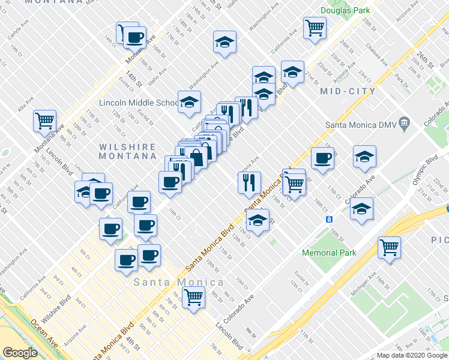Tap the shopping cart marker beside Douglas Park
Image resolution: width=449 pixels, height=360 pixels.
click(x=315, y=28)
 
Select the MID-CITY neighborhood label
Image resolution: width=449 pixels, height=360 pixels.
click(x=348, y=91)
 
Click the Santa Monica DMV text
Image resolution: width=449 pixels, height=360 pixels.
click(x=361, y=125)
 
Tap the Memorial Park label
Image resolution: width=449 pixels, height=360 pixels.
click(x=329, y=253)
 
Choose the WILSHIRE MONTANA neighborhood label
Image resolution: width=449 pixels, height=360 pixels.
click(x=120, y=150)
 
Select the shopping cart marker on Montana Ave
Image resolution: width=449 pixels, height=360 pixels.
click(x=44, y=121)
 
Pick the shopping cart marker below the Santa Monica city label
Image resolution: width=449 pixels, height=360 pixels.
click(x=193, y=296)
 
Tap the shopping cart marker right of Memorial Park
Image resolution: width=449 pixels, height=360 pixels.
click(x=389, y=247)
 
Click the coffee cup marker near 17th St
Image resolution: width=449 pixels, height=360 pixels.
click(x=322, y=159)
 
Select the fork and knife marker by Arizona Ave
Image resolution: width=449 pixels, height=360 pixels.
click(x=249, y=182)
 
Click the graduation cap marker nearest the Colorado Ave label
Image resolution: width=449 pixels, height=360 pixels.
click(x=362, y=210)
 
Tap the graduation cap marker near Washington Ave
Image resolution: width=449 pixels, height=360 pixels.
click(x=224, y=42)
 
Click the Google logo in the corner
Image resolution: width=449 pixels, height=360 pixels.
click(x=19, y=353)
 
